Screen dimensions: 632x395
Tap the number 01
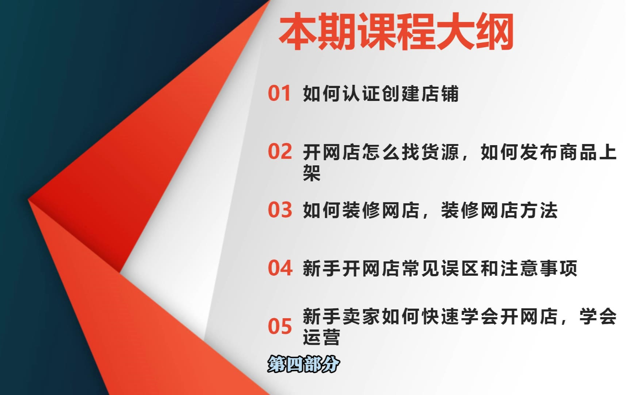click(279, 93)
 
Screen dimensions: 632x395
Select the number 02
click(280, 151)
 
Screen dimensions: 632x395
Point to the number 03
click(280, 210)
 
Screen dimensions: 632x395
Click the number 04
click(280, 268)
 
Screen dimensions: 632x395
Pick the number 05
click(280, 326)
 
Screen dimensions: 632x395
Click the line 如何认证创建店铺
click(381, 94)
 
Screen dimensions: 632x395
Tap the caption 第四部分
click(304, 364)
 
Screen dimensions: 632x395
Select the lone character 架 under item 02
click(312, 173)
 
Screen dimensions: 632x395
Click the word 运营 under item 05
click(321, 337)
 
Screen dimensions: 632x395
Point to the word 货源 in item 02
click(440, 152)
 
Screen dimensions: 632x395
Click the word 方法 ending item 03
click(539, 210)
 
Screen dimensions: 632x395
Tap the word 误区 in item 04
click(460, 268)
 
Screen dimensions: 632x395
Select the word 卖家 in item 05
click(361, 316)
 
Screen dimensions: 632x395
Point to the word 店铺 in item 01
click(440, 94)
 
